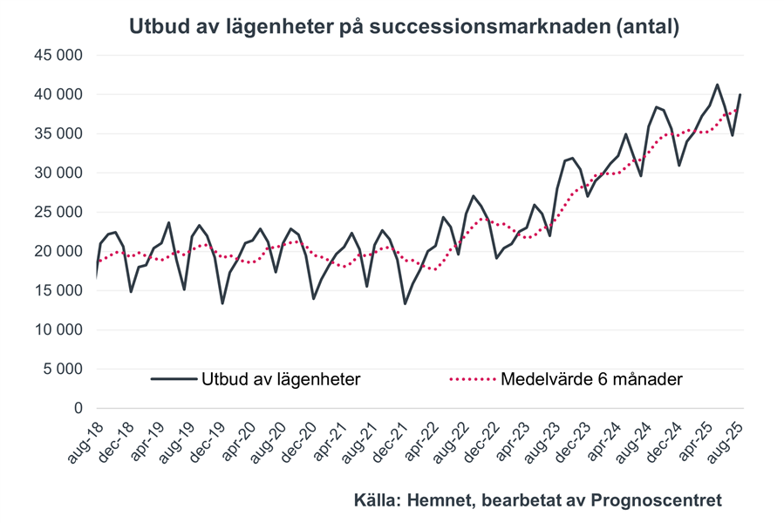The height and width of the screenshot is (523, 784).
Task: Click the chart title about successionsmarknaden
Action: coord(404,27)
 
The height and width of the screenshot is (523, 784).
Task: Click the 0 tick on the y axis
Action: coord(78,409)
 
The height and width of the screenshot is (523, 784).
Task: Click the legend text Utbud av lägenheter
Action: coord(282,379)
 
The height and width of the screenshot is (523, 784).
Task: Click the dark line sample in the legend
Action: coord(173,379)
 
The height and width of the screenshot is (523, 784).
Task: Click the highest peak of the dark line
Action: coord(717,85)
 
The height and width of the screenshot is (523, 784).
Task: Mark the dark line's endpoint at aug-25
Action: coord(741,95)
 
